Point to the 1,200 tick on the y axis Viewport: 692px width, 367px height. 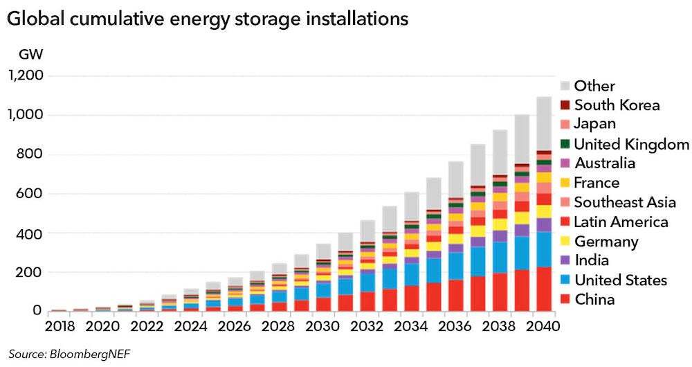(x=25, y=75)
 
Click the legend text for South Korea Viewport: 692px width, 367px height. (x=617, y=105)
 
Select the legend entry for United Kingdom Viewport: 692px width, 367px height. (x=632, y=144)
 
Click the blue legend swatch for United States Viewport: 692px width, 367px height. (x=565, y=280)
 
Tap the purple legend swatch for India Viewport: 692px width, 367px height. (x=565, y=260)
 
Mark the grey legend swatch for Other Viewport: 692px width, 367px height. (x=565, y=86)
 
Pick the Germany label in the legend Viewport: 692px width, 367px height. (x=605, y=241)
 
